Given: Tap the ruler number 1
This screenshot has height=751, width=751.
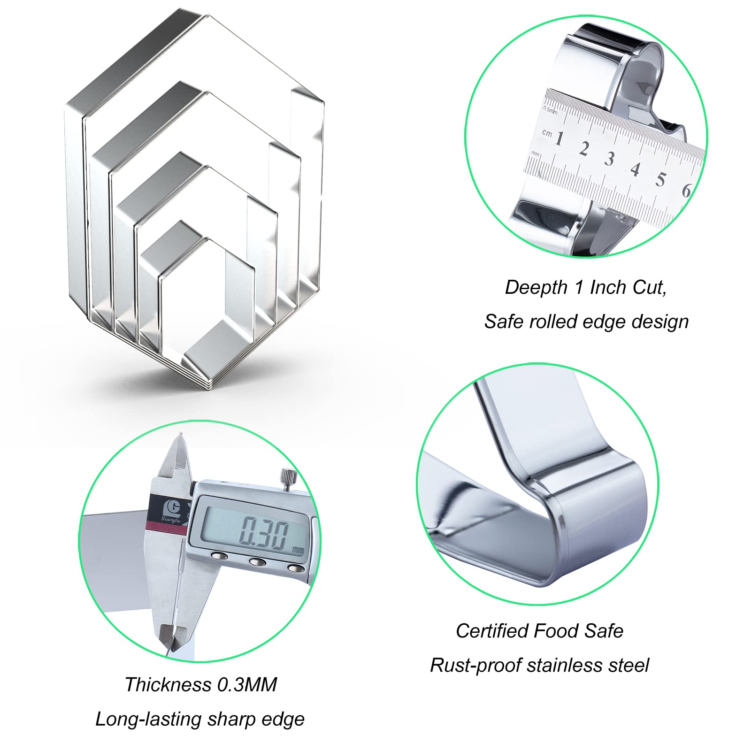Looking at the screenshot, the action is tap(559, 138).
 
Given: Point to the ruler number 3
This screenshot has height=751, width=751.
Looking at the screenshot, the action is tap(609, 159).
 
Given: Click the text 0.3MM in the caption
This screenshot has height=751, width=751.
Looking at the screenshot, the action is tap(246, 685).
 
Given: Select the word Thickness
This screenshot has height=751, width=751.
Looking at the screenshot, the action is tap(168, 685).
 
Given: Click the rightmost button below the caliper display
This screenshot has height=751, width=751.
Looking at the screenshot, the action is tap(294, 568).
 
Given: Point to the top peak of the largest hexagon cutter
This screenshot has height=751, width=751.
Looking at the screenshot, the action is tap(208, 16).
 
